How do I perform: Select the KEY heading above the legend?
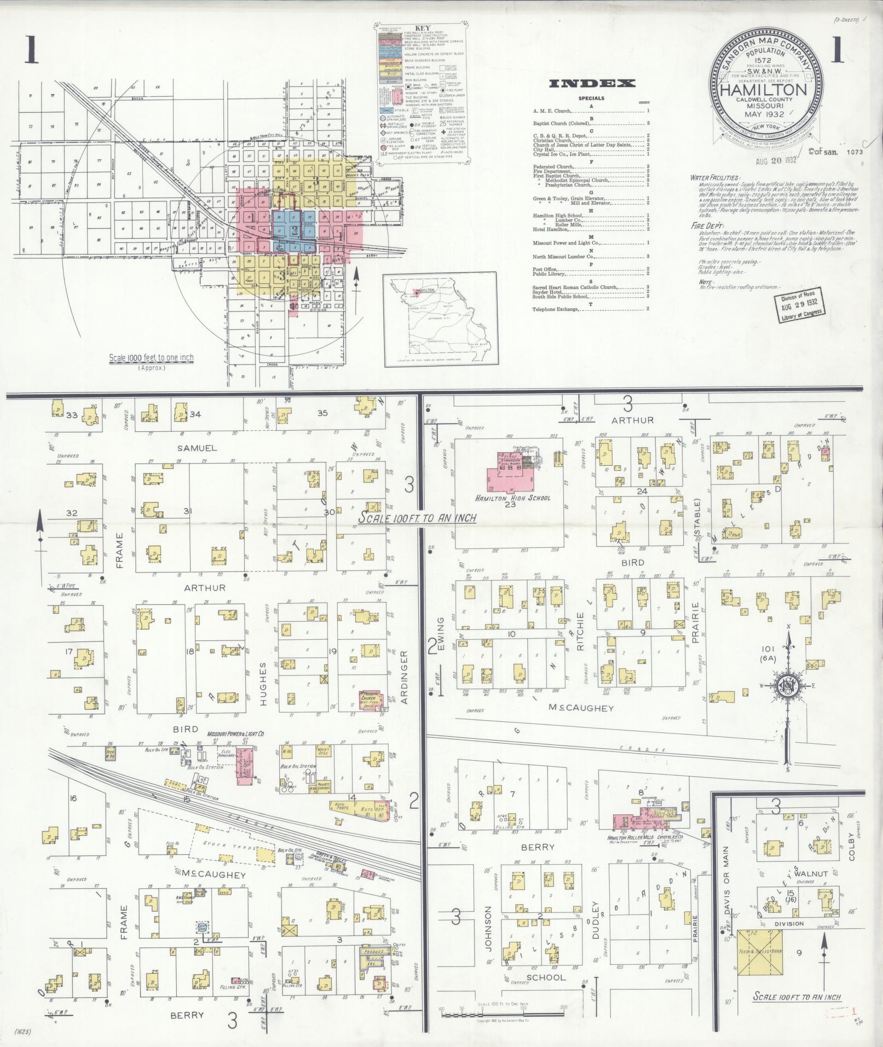point(422,28)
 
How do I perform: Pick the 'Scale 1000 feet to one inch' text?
point(151,358)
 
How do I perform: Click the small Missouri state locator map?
point(440,320)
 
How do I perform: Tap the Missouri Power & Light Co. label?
point(235,733)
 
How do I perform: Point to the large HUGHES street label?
point(263,684)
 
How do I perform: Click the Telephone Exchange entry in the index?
point(556,309)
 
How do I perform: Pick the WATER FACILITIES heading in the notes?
point(715,178)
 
